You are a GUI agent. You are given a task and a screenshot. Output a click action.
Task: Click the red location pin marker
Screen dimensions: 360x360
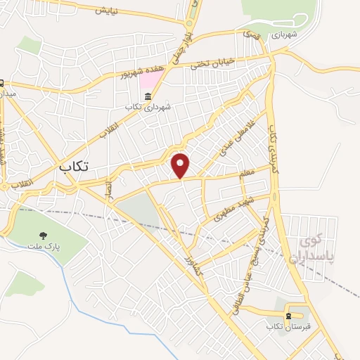[181, 165]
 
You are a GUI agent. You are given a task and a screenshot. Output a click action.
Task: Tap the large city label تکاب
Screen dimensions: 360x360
[73, 167]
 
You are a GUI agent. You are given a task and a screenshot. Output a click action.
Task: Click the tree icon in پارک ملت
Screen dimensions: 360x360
[44, 235]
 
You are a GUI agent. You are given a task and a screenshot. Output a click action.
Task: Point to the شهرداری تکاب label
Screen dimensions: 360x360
[148, 108]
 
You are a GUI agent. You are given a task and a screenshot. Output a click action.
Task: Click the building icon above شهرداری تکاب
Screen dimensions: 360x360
[148, 96]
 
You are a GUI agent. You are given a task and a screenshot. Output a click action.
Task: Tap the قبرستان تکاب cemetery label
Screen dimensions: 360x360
[288, 327]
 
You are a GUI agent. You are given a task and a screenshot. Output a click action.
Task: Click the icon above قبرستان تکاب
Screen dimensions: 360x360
[288, 316]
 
